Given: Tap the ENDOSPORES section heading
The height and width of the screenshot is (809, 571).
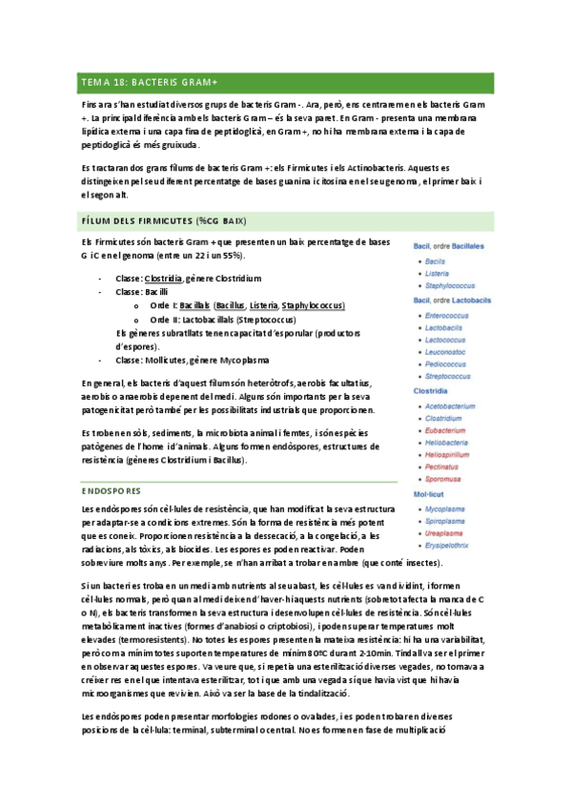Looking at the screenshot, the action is pos(112,491).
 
